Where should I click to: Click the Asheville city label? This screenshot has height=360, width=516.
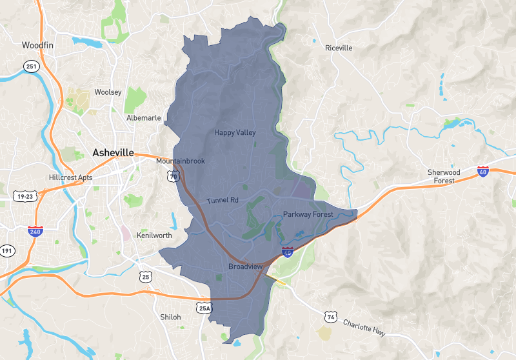click(x=113, y=153)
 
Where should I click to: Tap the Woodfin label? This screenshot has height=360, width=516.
click(x=35, y=45)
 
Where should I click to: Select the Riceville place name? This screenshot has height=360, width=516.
click(x=339, y=48)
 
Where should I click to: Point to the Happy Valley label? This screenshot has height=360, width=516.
click(x=235, y=133)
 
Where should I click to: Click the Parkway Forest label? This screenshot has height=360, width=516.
click(x=307, y=214)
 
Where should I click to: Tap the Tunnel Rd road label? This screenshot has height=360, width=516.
click(x=223, y=201)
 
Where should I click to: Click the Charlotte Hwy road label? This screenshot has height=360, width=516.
click(x=364, y=327)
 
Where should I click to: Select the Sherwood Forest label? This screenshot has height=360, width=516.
click(x=444, y=176)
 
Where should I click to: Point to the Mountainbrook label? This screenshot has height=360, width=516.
click(x=181, y=161)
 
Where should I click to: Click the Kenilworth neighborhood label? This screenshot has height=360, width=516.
click(x=154, y=235)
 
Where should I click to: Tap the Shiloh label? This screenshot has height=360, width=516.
click(x=170, y=317)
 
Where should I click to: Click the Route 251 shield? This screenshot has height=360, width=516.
click(x=32, y=66)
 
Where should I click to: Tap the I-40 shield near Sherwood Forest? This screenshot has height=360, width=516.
click(x=483, y=171)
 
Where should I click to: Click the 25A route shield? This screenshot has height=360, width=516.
click(x=204, y=309)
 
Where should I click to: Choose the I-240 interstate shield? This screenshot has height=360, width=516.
click(x=35, y=230)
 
